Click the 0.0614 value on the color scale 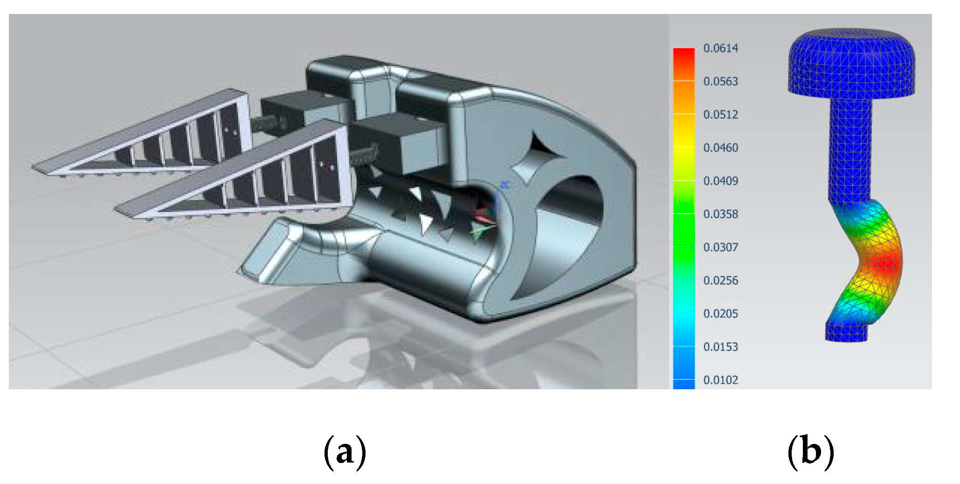720,48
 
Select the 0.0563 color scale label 720,81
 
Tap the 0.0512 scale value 720,114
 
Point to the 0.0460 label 720,147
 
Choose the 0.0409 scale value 720,181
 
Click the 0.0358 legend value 720,214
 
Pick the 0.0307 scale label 720,247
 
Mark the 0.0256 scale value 720,280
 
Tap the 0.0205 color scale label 720,313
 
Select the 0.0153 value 720,346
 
